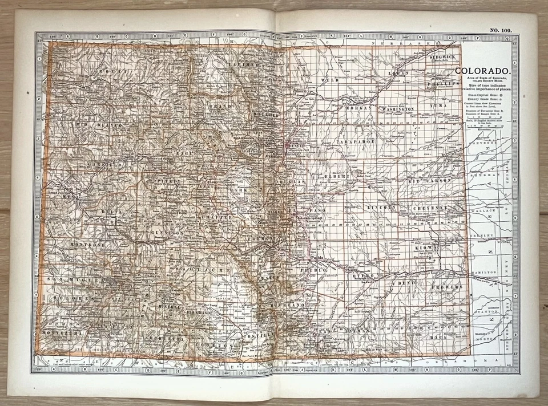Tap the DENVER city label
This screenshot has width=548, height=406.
click(298, 146)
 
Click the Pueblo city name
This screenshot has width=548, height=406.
click(316, 258)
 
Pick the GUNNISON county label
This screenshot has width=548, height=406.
click(167, 233)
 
